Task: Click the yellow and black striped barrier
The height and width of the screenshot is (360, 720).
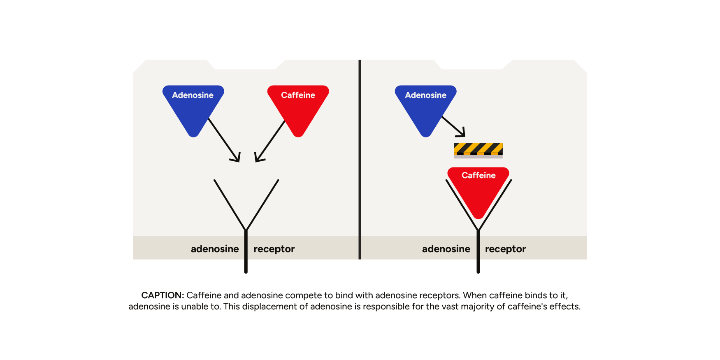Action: pos(478,149)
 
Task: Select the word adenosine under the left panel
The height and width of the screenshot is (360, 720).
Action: pos(215,249)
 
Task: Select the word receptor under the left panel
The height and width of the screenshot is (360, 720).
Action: pos(274,249)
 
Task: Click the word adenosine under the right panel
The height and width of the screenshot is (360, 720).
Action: pos(446,249)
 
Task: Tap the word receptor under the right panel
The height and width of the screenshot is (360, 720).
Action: pos(505,249)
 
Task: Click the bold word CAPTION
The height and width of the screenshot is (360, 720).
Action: pos(163,295)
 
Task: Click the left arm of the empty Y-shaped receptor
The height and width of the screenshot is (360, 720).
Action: pos(230,204)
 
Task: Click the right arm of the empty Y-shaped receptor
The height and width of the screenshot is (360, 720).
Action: pos(262,204)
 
